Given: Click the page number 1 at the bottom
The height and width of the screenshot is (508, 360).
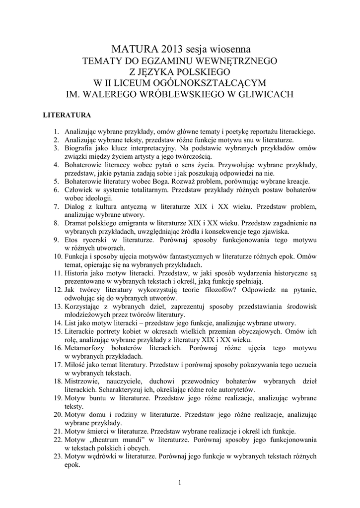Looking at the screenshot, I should pyautogui.click(x=180, y=483).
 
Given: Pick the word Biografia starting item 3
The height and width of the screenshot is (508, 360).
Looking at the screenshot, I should pyautogui.click(x=79, y=148).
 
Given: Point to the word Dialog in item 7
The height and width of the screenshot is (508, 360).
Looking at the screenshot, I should pyautogui.click(x=74, y=206).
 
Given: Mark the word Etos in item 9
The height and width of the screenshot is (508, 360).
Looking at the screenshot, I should pyautogui.click(x=72, y=240).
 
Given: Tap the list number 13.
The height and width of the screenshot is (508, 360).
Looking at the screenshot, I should pyautogui.click(x=58, y=307).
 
